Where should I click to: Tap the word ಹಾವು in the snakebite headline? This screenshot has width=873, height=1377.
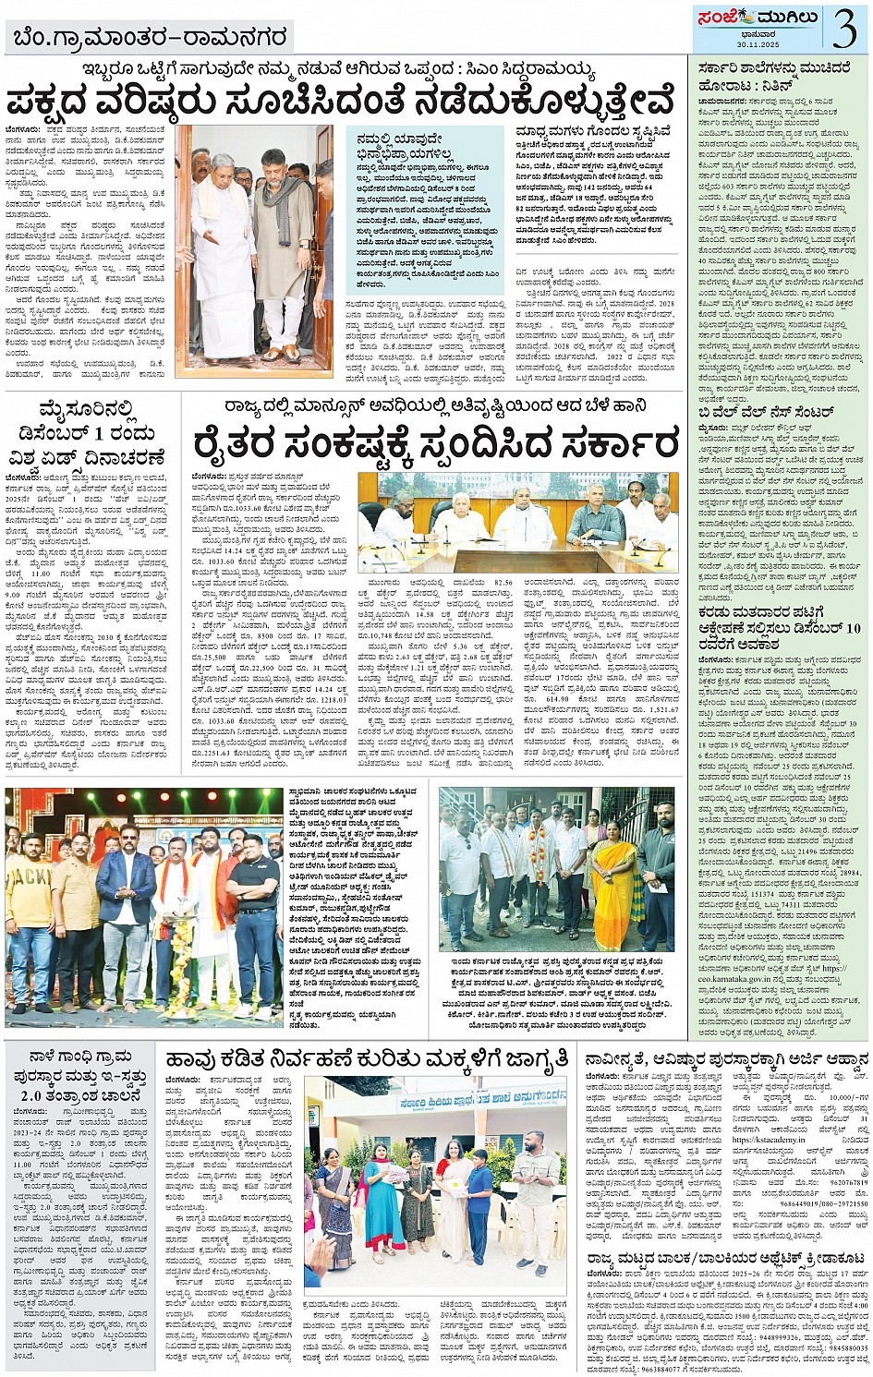[x=196, y=1057]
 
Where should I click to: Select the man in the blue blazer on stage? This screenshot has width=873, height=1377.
[x=126, y=914]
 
